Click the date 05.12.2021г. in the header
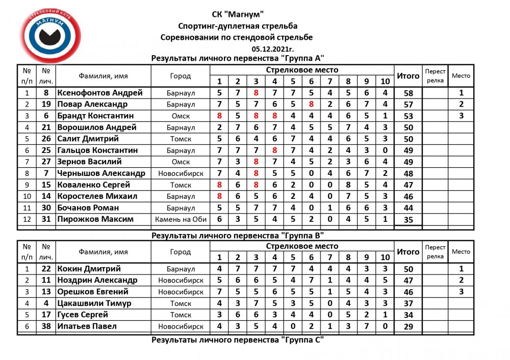[273, 49]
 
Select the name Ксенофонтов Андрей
[100, 93]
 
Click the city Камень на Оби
[181, 219]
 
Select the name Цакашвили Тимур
[94, 303]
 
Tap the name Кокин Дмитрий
[89, 269]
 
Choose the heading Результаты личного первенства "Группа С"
[238, 339]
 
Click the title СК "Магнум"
[238, 14]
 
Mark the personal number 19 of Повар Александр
[46, 105]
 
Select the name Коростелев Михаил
[97, 196]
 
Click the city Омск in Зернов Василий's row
[181, 162]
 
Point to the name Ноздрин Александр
[97, 280]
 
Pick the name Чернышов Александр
[101, 173]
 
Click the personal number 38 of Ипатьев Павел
[46, 326]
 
